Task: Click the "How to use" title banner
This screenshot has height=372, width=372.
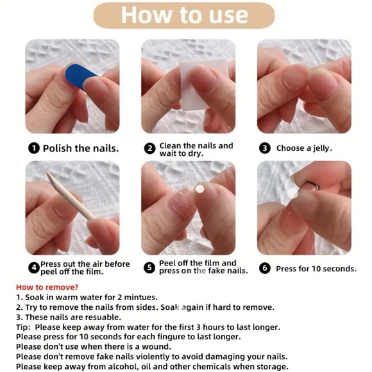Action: click(x=184, y=15)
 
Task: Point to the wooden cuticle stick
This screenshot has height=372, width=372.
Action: click(x=71, y=196)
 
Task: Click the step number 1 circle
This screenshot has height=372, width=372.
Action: click(x=34, y=149)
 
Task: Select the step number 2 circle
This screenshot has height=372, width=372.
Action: click(x=149, y=149)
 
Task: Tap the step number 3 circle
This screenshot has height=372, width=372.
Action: click(x=265, y=148)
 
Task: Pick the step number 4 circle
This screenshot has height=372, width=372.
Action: click(x=34, y=268)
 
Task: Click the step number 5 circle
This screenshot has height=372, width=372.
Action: click(x=149, y=267)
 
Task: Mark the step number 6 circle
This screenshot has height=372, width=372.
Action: click(x=265, y=268)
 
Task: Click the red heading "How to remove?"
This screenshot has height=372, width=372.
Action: click(x=47, y=287)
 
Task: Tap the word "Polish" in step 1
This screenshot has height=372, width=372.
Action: click(x=57, y=149)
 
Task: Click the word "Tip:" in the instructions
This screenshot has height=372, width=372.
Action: click(x=23, y=327)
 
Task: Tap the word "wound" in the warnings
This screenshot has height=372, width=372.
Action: click(x=156, y=347)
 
